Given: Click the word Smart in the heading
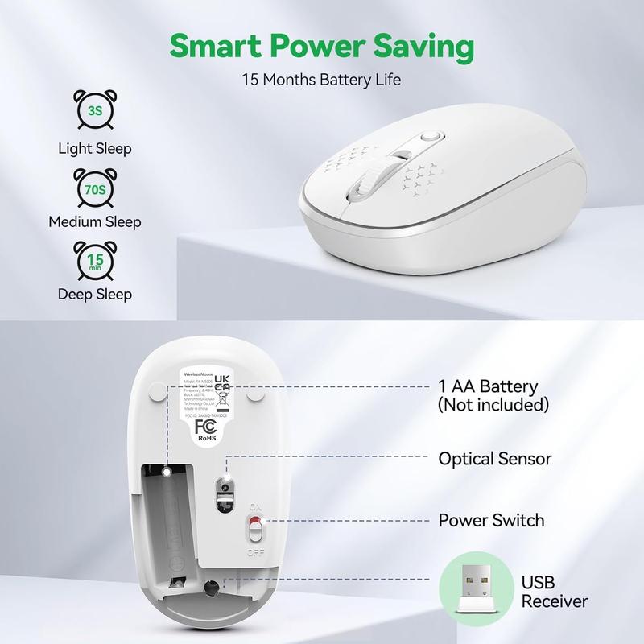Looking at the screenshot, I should click(x=212, y=47).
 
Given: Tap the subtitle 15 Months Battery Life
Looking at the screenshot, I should click(x=322, y=80).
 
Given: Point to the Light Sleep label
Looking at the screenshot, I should click(x=95, y=148).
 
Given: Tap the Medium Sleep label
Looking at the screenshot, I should click(x=95, y=221).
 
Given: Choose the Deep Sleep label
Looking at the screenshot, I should click(x=95, y=294).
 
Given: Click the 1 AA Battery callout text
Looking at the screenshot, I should click(x=493, y=394).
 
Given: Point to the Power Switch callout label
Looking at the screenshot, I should click(x=491, y=520).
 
